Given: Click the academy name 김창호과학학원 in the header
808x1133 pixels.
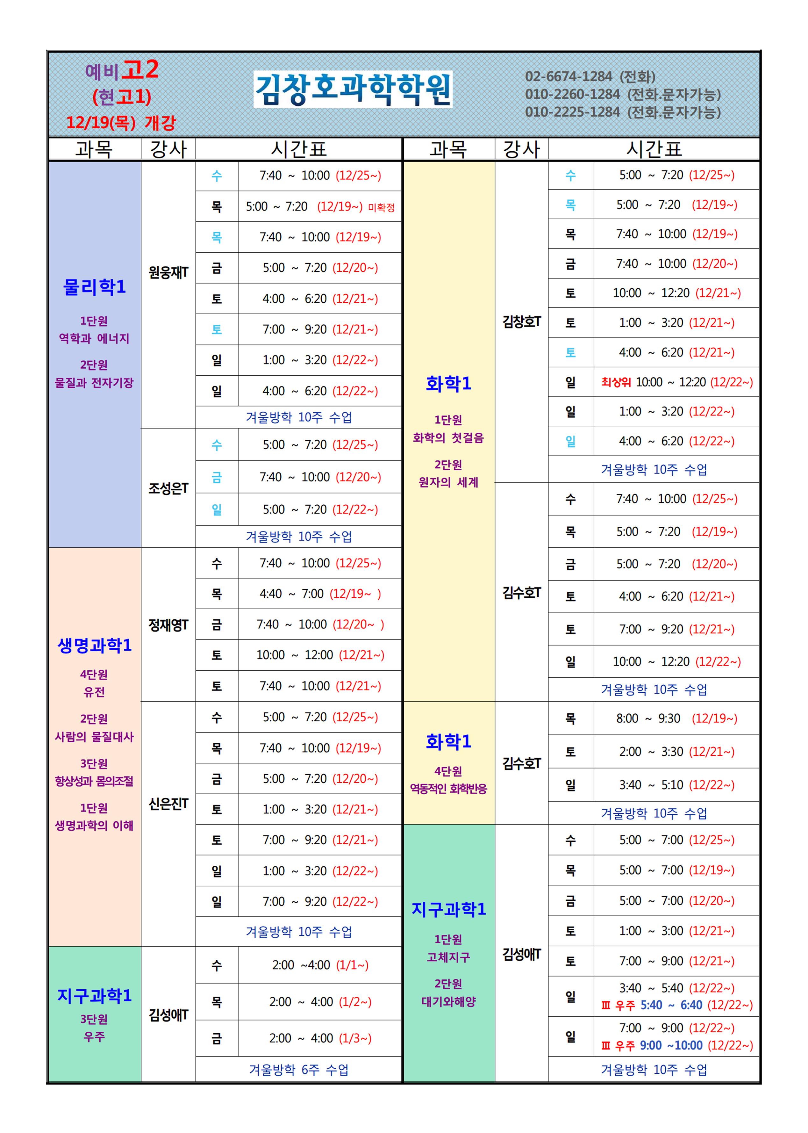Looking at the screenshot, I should click(x=353, y=90).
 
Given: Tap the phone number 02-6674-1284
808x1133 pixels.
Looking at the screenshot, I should click(x=568, y=77).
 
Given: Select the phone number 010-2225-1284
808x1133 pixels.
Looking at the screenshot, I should click(x=572, y=112).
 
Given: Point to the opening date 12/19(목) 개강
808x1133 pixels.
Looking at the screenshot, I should click(x=121, y=122).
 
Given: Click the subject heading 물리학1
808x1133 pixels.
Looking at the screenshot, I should click(x=95, y=287).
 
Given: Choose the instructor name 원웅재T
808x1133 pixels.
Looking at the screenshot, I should click(x=168, y=272).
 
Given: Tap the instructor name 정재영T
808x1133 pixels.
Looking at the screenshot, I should click(x=168, y=625).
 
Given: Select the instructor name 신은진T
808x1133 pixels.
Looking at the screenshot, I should click(x=168, y=804).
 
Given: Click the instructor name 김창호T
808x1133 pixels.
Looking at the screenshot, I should click(x=521, y=321).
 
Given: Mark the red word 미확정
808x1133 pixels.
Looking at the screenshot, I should click(x=381, y=208).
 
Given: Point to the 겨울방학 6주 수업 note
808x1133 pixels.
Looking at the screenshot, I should click(x=298, y=1070).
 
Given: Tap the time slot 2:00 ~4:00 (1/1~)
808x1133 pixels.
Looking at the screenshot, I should click(x=320, y=965).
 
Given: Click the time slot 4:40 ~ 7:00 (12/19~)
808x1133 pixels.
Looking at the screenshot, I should click(x=320, y=594).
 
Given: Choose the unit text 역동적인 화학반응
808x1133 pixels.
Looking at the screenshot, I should click(x=448, y=789).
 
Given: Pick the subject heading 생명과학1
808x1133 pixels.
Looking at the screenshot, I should click(x=95, y=646).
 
